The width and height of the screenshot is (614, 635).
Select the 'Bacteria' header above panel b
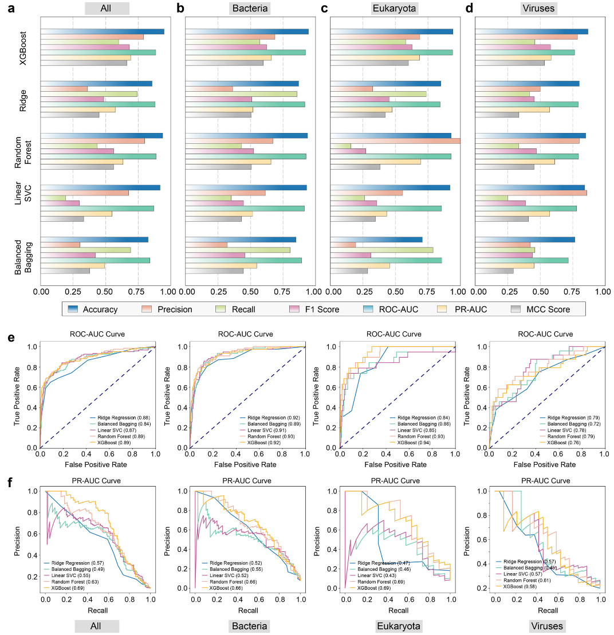point(250,9)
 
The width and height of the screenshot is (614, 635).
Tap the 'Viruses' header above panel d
point(540,9)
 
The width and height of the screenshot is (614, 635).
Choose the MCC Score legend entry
point(540,309)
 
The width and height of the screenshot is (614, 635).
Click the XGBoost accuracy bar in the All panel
point(103,32)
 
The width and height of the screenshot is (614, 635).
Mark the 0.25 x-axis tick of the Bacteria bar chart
point(218,292)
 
